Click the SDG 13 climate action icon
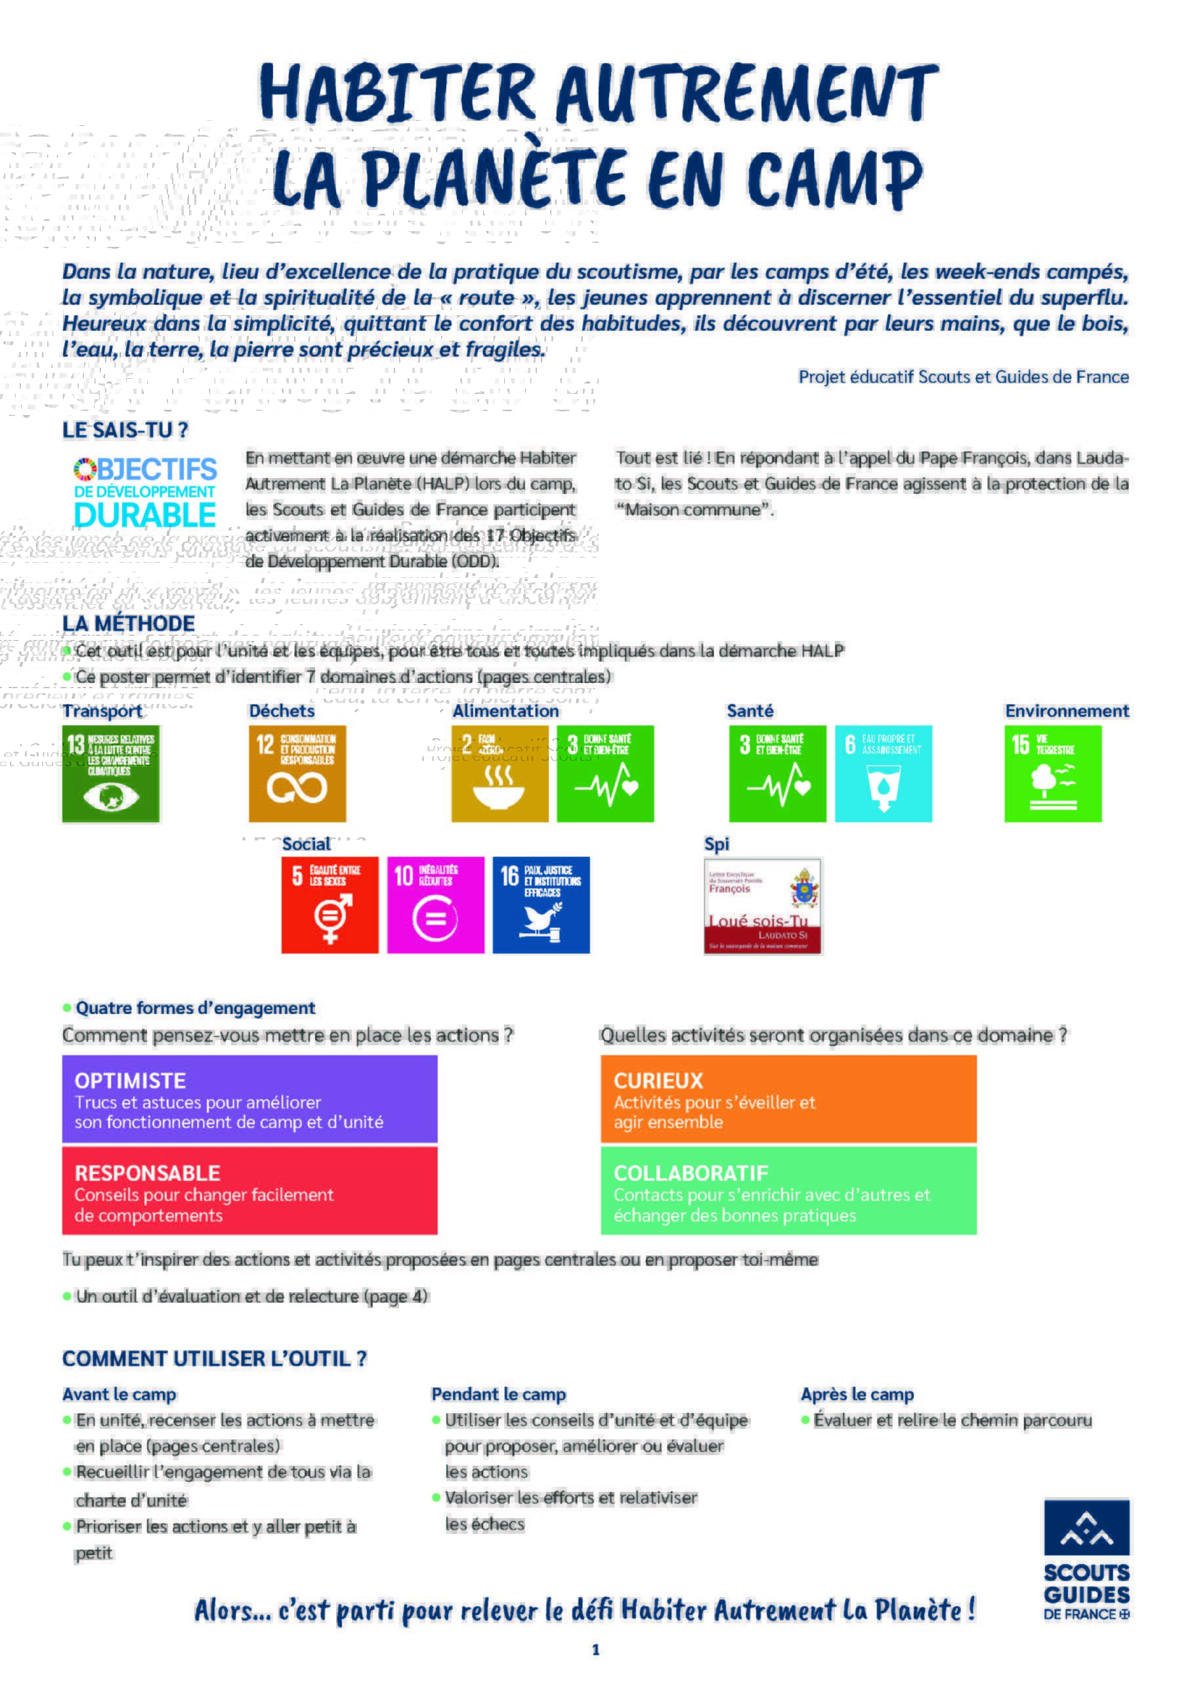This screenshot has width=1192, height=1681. (111, 774)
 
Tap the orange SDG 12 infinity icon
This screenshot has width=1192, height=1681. (297, 774)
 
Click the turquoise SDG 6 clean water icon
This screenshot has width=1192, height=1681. (883, 774)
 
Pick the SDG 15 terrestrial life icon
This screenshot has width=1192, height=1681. (1053, 774)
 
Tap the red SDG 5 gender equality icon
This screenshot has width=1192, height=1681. (330, 905)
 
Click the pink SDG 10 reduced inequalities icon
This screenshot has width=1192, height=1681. (435, 905)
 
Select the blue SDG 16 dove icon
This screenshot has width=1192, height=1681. (541, 905)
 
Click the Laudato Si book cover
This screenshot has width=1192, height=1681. (763, 906)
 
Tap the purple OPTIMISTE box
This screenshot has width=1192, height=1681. (249, 1099)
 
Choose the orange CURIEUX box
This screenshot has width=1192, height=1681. (788, 1099)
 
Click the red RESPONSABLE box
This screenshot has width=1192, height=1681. (249, 1190)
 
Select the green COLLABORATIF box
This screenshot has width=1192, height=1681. (788, 1190)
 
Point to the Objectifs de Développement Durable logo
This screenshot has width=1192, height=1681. (145, 492)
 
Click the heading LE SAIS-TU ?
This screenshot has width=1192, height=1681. (125, 430)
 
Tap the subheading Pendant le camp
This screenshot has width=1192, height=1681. (498, 1394)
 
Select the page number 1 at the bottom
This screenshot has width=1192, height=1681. (596, 1649)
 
